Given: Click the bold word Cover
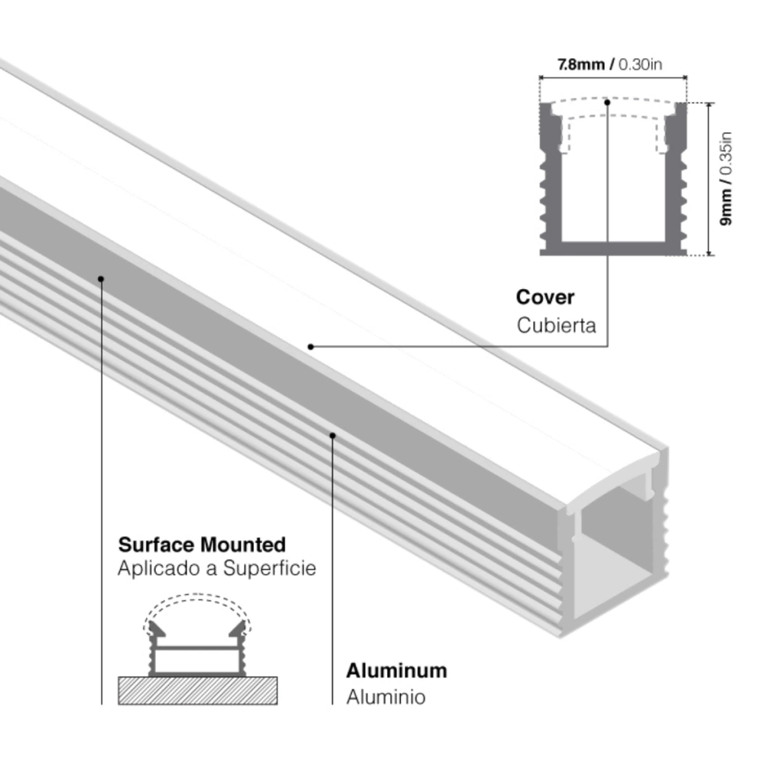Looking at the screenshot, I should tap(544, 297).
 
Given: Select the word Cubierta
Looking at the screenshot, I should tap(556, 325).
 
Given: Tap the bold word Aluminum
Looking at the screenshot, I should tap(396, 671).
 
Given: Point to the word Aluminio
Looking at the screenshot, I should tap(385, 697).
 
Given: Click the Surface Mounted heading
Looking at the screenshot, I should tap(202, 545).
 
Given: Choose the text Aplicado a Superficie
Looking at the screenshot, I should tap(216, 570).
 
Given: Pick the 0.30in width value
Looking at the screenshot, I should tap(640, 64).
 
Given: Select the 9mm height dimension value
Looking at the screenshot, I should tap(726, 208).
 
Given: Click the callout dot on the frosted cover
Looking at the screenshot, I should tap(311, 346).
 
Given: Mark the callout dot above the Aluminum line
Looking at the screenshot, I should tap(333, 435).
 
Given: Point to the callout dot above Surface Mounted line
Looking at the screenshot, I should tap(101, 278).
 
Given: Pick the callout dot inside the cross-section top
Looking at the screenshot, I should tap(607, 101).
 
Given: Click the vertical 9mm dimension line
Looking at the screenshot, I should tap(711, 179).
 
